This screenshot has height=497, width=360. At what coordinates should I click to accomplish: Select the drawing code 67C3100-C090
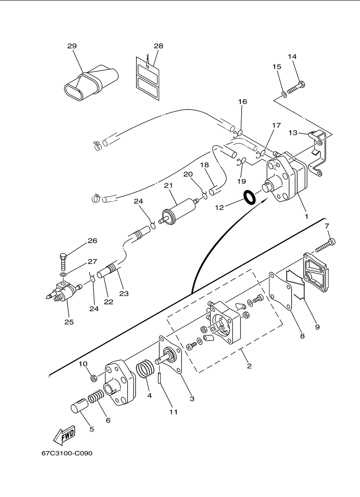pos(67,453)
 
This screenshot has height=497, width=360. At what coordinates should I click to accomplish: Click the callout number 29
pos(72,46)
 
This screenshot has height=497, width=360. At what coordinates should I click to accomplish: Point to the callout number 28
pos(158,46)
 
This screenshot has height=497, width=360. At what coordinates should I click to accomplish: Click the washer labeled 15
pos(284,94)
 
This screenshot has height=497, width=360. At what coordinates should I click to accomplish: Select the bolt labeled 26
pos(63,262)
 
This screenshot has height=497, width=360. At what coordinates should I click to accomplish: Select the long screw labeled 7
pos(325,246)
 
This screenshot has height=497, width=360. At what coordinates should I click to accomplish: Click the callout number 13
pos(293,133)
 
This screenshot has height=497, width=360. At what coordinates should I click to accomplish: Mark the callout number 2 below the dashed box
pos(249,366)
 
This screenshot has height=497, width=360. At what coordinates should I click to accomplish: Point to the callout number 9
pos(317,327)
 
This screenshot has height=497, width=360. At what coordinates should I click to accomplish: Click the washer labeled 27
pos(63,275)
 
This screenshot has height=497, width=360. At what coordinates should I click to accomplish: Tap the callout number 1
pos(306,216)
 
